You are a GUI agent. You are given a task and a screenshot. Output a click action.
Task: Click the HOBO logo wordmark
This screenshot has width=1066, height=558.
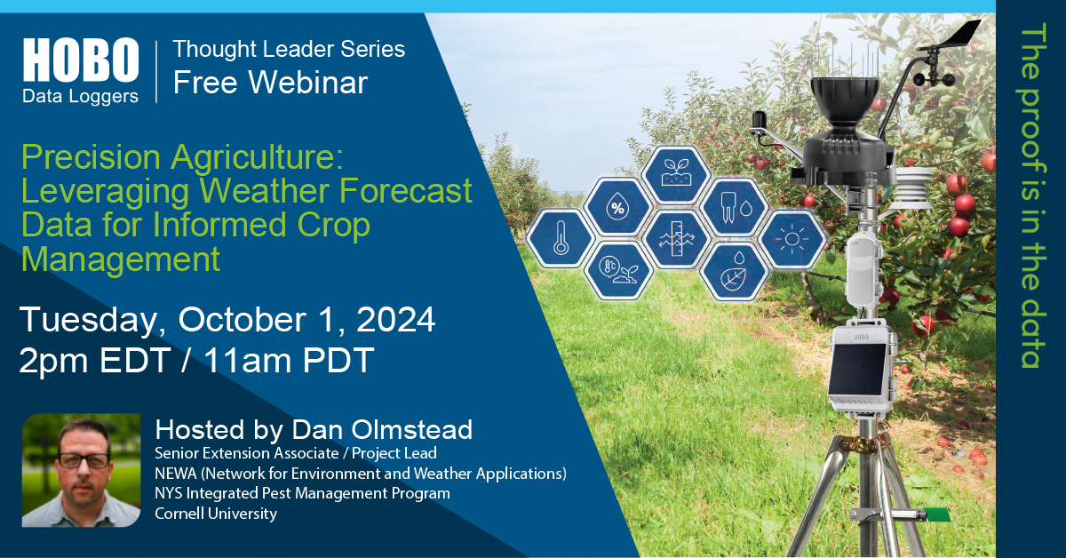tap(81, 60)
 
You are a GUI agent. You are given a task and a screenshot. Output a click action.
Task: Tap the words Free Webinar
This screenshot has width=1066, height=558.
tap(270, 83)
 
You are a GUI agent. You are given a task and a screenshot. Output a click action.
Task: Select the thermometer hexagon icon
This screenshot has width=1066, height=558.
tap(561, 237)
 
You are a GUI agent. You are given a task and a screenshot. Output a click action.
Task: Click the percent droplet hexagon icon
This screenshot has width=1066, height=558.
tap(617, 207)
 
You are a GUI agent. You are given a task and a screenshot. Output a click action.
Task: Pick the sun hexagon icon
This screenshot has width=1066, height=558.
tap(792, 239)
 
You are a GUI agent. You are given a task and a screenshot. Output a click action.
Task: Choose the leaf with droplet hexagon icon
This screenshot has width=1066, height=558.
tap(734, 272)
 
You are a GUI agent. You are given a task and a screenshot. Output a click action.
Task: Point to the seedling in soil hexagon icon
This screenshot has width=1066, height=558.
tap(676, 174)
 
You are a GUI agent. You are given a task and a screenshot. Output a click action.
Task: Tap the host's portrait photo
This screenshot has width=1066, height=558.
tap(82, 470)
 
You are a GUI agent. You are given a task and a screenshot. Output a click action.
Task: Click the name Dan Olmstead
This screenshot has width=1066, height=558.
tap(382, 429)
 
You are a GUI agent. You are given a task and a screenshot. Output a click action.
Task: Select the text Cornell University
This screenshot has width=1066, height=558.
tap(216, 514)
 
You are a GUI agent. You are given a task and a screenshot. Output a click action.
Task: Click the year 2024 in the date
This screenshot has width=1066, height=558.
tap(395, 320)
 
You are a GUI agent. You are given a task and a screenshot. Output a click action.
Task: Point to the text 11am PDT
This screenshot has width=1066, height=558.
tap(290, 360)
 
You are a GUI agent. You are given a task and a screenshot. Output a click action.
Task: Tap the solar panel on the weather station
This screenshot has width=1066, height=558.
tap(856, 369)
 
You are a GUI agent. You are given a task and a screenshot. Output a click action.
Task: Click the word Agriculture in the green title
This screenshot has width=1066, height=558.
tap(257, 156)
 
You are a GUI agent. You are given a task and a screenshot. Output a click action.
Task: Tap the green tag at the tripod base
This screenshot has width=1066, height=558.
tap(936, 514)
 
